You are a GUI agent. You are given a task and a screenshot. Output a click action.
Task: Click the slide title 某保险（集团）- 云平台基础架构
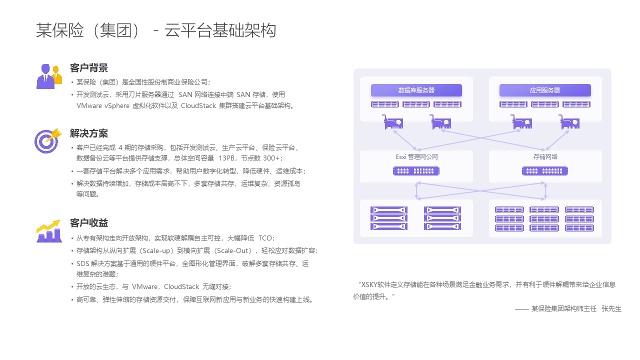(156, 30)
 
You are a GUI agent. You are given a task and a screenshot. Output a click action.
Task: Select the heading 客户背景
(89, 68)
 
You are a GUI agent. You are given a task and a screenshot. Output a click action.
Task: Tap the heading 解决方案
(89, 133)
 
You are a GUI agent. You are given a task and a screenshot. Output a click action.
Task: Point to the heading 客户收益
(89, 223)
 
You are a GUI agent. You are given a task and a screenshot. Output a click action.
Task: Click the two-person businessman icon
(49, 76)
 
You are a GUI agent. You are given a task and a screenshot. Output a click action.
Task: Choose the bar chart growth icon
(49, 231)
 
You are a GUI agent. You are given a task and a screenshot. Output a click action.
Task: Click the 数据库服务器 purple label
(416, 90)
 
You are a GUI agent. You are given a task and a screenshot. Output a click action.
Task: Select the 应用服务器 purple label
(545, 90)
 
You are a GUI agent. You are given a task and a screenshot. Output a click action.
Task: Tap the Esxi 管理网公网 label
(416, 157)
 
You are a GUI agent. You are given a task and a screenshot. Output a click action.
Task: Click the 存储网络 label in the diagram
(545, 157)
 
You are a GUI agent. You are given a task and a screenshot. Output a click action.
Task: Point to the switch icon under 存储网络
(545, 171)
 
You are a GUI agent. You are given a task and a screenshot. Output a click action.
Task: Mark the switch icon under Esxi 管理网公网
(416, 171)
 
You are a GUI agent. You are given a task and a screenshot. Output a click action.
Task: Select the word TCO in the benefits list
(265, 238)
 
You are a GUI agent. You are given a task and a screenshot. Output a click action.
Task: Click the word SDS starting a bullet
(83, 263)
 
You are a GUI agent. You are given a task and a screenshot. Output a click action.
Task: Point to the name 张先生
(611, 309)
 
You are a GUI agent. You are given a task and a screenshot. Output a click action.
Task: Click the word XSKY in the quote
(369, 285)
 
